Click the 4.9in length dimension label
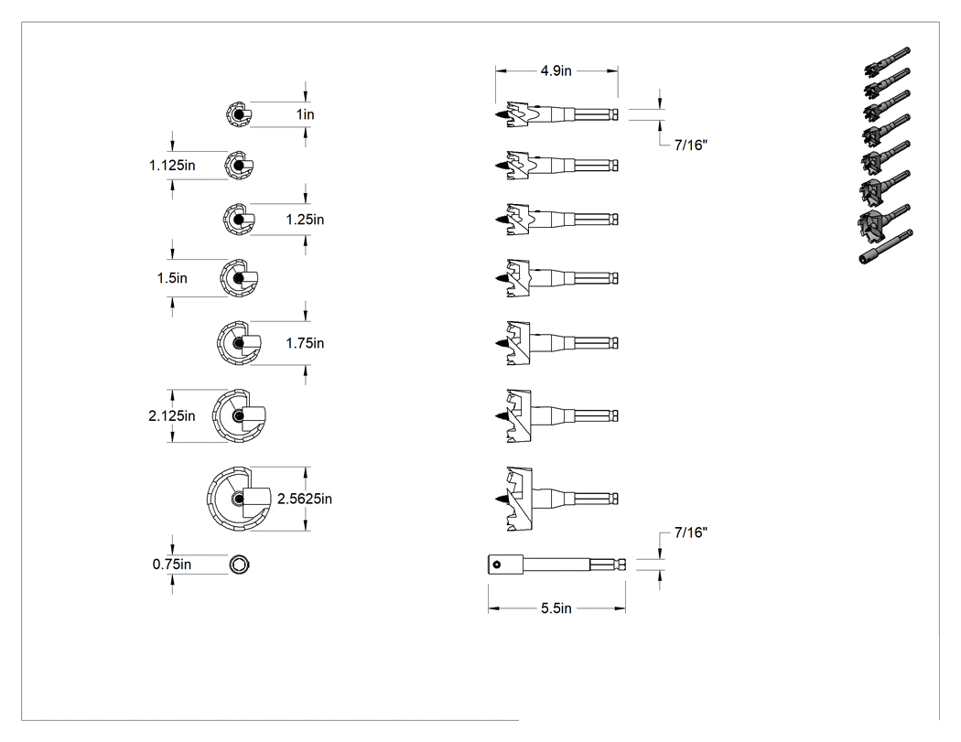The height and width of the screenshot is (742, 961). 556,71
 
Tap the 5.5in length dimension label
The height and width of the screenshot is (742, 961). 556,608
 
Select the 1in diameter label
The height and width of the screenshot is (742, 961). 305,114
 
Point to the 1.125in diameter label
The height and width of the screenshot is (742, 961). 172,166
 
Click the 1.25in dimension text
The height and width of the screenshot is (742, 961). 305,220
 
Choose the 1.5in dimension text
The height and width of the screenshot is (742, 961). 172,278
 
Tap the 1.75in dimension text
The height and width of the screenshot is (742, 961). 305,343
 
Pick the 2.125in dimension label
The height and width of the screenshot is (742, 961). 172,416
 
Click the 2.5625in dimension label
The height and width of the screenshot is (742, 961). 305,499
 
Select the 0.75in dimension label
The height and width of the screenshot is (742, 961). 172,565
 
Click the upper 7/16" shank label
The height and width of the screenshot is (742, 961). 691,145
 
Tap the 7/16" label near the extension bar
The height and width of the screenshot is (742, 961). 691,532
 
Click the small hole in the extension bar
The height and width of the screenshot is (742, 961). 496,565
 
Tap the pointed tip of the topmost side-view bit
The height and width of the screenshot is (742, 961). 495,114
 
